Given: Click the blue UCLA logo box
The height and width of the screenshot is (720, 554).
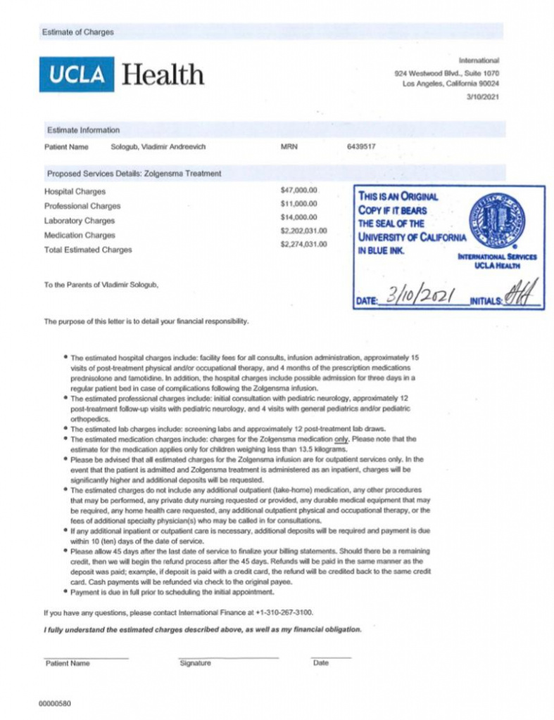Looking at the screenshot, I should (76, 74).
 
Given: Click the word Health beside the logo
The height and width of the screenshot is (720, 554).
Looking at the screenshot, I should (163, 74).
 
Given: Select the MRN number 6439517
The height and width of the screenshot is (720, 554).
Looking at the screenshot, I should (361, 147).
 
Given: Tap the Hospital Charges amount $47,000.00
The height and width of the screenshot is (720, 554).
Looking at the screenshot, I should (300, 190).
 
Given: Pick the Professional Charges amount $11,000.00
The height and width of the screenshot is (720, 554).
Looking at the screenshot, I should (300, 204).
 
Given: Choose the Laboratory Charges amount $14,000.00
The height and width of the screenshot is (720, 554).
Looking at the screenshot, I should (300, 217).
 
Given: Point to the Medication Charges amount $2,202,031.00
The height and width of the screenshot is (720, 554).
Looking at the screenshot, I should (304, 231).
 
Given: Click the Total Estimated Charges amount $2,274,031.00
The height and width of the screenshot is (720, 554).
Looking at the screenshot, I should (304, 244).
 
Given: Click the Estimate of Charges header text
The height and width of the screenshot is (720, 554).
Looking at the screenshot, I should (77, 32).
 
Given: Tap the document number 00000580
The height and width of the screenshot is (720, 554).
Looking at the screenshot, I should (55, 703).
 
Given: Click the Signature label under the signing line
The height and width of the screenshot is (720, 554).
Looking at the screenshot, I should (195, 663).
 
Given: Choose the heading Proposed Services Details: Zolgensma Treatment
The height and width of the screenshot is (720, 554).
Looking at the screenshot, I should (134, 173).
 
